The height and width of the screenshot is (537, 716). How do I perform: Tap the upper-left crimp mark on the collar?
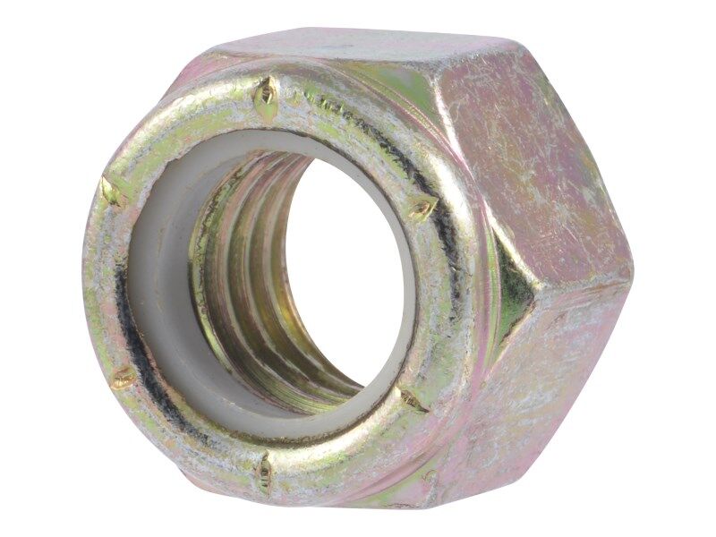point(112,191)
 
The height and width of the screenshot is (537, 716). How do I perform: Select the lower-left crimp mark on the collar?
point(124,377)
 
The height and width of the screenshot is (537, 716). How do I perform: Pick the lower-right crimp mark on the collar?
point(413,400)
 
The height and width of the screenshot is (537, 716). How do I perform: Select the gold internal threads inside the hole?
point(242,268)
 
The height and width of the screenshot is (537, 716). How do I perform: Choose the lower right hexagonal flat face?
point(555,376)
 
